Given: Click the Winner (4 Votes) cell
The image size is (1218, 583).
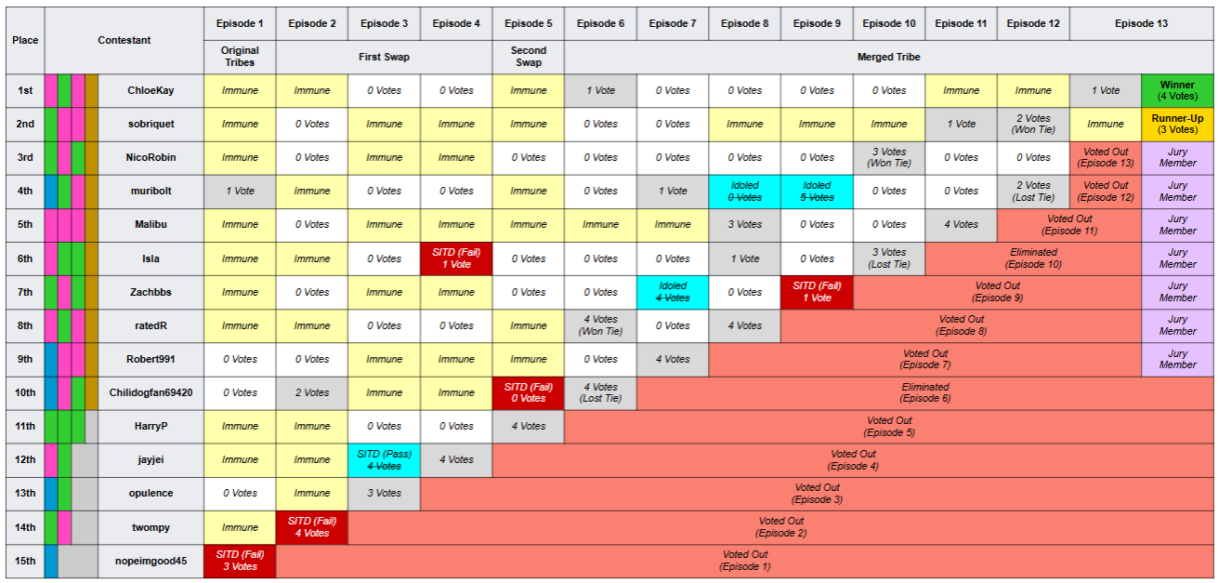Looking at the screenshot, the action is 1177,90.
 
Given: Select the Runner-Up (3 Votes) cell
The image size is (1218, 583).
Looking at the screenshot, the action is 1177,124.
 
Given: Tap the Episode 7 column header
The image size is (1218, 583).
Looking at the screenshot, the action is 673,23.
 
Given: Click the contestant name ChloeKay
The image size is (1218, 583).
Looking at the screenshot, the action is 151,90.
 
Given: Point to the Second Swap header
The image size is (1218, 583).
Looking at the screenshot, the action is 529,57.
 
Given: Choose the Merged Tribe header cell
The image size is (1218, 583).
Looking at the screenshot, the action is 889,57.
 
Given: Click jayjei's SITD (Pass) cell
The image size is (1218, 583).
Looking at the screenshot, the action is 384,460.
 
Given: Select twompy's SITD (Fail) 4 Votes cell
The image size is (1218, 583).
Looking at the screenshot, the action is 312,527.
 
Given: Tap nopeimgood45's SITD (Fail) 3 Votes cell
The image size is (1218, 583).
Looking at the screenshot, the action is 240,561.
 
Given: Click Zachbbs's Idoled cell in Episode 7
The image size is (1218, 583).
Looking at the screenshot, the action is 673,292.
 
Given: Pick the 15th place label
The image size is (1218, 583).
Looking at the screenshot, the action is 25,561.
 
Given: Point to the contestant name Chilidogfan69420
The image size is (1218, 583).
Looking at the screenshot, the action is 151,392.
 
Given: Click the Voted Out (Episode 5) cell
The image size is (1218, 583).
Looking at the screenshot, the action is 889,426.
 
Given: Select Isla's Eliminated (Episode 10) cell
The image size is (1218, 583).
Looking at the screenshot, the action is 1033,258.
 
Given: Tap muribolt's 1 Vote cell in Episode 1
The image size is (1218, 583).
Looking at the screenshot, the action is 240,191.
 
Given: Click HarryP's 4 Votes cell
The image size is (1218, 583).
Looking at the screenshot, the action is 529,426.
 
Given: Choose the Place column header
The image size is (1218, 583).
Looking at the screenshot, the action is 25,40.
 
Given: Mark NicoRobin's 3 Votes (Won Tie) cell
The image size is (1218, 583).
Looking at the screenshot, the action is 889,157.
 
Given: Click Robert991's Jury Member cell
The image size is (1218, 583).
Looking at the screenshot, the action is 1177,359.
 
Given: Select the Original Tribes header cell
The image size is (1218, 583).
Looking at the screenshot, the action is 240,57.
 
